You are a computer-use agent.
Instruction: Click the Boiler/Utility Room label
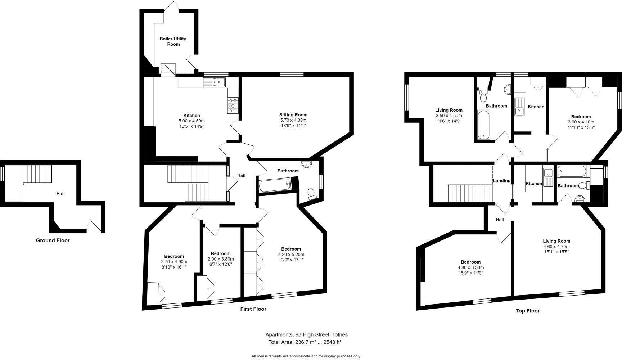173,41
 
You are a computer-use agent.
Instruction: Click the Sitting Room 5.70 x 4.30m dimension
293,120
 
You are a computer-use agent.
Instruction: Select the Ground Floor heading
53,240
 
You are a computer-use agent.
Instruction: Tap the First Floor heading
253,309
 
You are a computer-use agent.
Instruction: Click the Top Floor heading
527,311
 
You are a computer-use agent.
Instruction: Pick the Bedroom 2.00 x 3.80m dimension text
221,259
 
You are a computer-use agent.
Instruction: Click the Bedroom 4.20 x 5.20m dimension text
291,255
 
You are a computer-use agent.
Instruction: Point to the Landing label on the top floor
501,181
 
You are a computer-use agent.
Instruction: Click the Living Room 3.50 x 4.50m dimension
449,116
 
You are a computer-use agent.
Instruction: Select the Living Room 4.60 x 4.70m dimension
556,247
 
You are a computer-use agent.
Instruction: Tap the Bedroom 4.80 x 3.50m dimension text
470,267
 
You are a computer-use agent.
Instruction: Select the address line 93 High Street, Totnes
306,334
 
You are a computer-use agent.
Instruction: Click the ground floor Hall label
60,194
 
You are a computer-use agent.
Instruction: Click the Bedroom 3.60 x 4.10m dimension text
581,122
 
